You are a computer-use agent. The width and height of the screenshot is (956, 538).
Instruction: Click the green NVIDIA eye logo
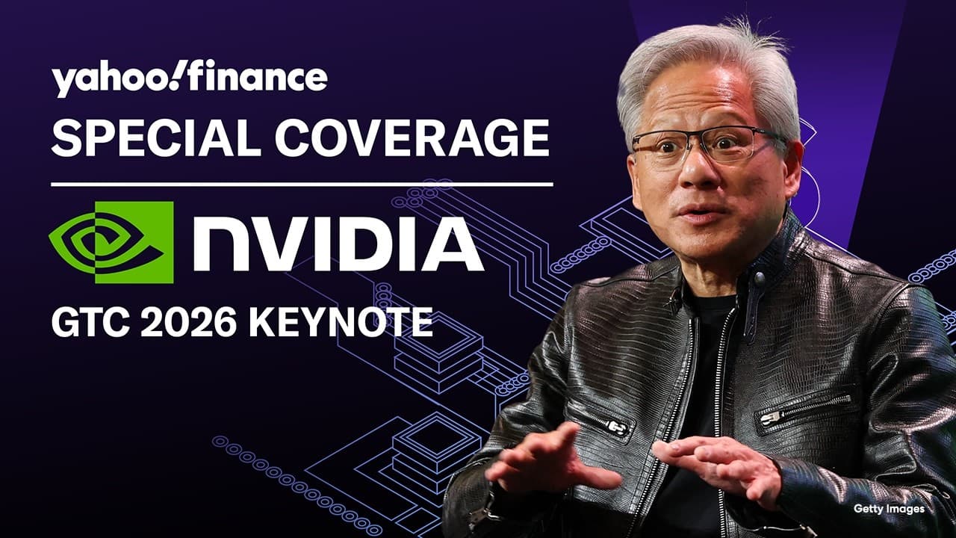(111, 242)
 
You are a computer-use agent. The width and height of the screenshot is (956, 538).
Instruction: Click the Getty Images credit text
(889, 509)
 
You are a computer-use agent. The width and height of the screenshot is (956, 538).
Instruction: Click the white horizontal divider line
(302, 183)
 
